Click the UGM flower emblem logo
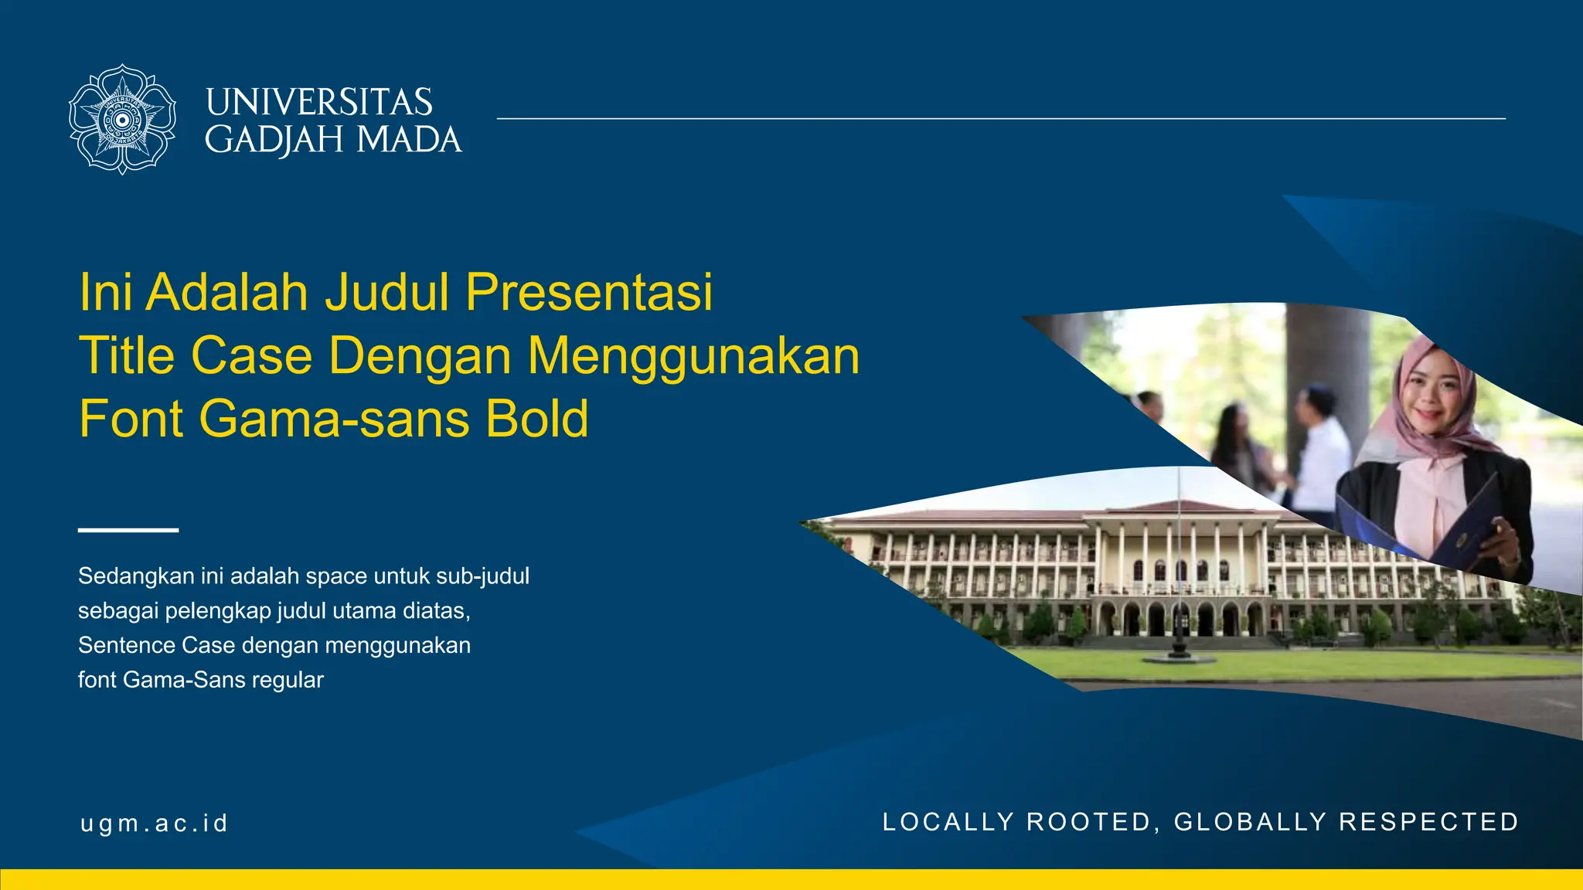(122, 119)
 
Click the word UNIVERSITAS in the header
(318, 102)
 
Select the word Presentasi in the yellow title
(589, 292)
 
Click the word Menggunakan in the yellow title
(693, 356)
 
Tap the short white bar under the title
(128, 530)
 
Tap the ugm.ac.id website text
(155, 824)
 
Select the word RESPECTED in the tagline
(1428, 822)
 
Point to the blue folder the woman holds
(1453, 525)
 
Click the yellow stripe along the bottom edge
(791, 880)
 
